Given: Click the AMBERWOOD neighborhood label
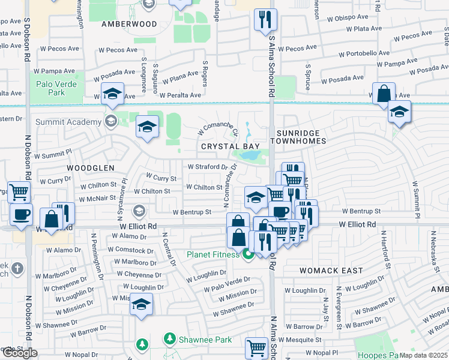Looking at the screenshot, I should click(x=128, y=25).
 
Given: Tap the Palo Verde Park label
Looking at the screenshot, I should click(x=56, y=89).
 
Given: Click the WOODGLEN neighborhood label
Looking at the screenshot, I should click(x=89, y=168).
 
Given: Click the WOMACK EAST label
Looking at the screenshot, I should click(x=332, y=271).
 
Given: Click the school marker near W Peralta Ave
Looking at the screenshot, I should click(x=112, y=94).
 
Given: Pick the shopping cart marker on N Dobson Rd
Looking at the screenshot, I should click(x=19, y=193).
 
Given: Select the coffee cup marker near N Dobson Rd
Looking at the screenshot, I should click(x=22, y=214).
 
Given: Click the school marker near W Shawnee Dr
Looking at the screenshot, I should click(x=141, y=304).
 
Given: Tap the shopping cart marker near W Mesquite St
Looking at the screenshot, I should click(x=256, y=348).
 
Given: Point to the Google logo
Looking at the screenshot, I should click(x=19, y=353).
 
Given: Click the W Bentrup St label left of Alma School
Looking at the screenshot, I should click(x=192, y=212).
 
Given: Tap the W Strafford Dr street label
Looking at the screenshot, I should click(x=208, y=167).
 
